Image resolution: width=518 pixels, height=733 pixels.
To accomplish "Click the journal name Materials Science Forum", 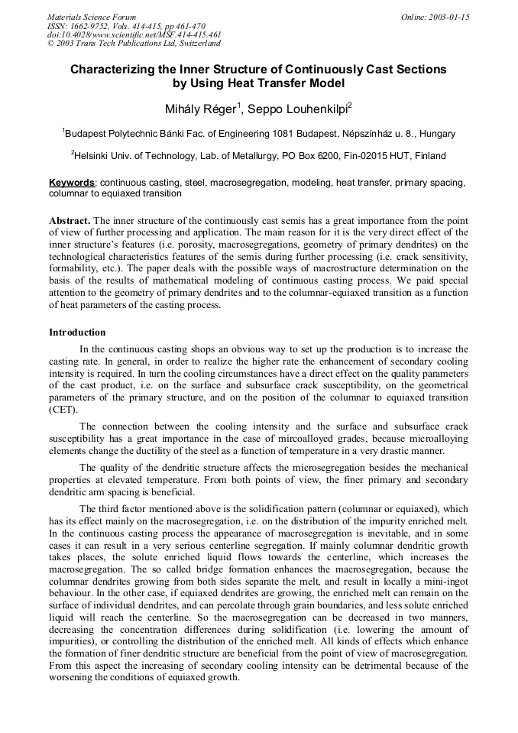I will [92, 17].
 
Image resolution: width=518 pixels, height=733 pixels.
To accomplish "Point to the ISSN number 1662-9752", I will [92, 26].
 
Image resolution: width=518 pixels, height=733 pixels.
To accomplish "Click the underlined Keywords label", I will [72, 183].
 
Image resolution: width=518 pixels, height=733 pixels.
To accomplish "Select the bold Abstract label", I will [70, 219].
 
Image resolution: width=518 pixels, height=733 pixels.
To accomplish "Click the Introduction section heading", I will [77, 332].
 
